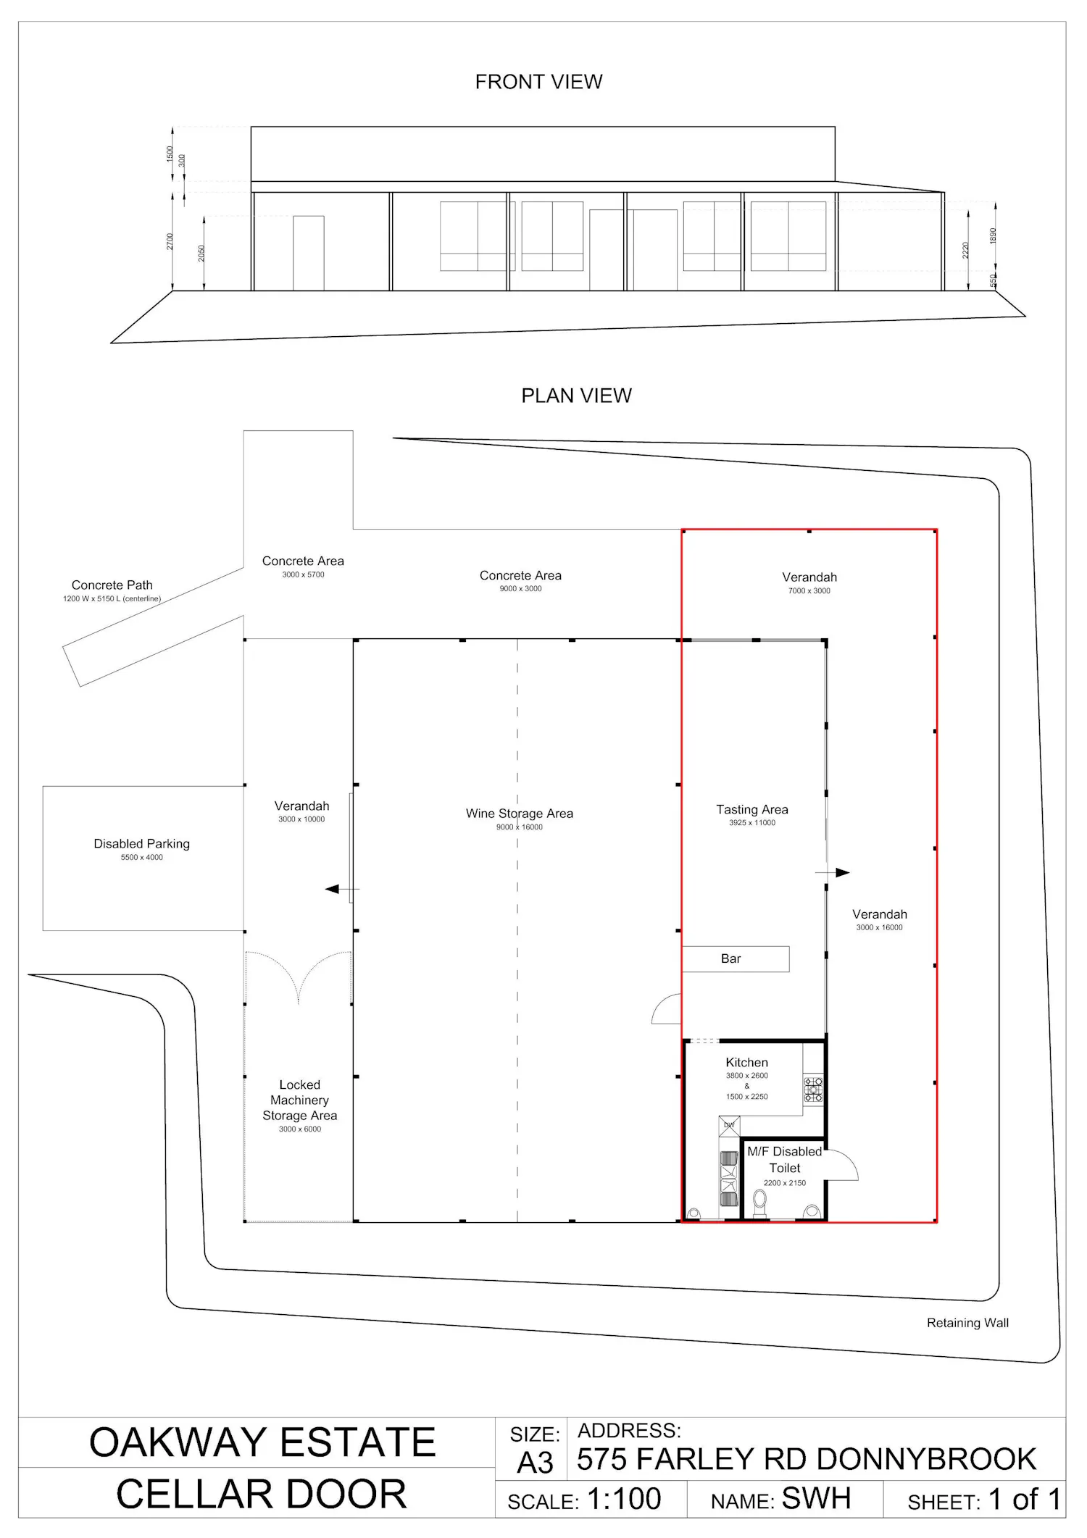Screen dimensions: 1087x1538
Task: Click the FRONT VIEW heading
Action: tap(538, 82)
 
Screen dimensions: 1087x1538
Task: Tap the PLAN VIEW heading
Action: tap(576, 396)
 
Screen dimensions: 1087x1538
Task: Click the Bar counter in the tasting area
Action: tap(736, 958)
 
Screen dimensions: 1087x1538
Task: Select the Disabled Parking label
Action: tap(142, 843)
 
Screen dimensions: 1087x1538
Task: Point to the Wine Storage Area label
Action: tap(520, 814)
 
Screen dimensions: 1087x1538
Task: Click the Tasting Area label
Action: tap(752, 809)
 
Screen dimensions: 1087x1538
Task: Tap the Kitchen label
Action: tap(747, 1062)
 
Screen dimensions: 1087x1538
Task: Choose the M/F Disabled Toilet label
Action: tap(785, 1159)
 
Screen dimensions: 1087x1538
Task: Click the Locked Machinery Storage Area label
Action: tap(300, 1100)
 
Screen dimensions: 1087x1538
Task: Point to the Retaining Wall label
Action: tap(967, 1323)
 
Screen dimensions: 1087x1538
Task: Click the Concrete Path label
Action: tap(112, 585)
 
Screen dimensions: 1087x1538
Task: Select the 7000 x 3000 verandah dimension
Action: tap(809, 591)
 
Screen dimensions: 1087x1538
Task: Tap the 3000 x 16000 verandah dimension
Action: tap(880, 927)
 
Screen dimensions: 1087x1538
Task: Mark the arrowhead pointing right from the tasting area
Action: tap(843, 873)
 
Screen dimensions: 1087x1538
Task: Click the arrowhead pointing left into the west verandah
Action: tap(332, 889)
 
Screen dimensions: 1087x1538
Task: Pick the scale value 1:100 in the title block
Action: tap(624, 1499)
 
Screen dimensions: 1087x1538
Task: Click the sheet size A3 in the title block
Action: tap(535, 1463)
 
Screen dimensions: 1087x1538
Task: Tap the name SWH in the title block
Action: tap(817, 1499)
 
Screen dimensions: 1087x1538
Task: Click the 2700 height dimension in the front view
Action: tap(170, 241)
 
